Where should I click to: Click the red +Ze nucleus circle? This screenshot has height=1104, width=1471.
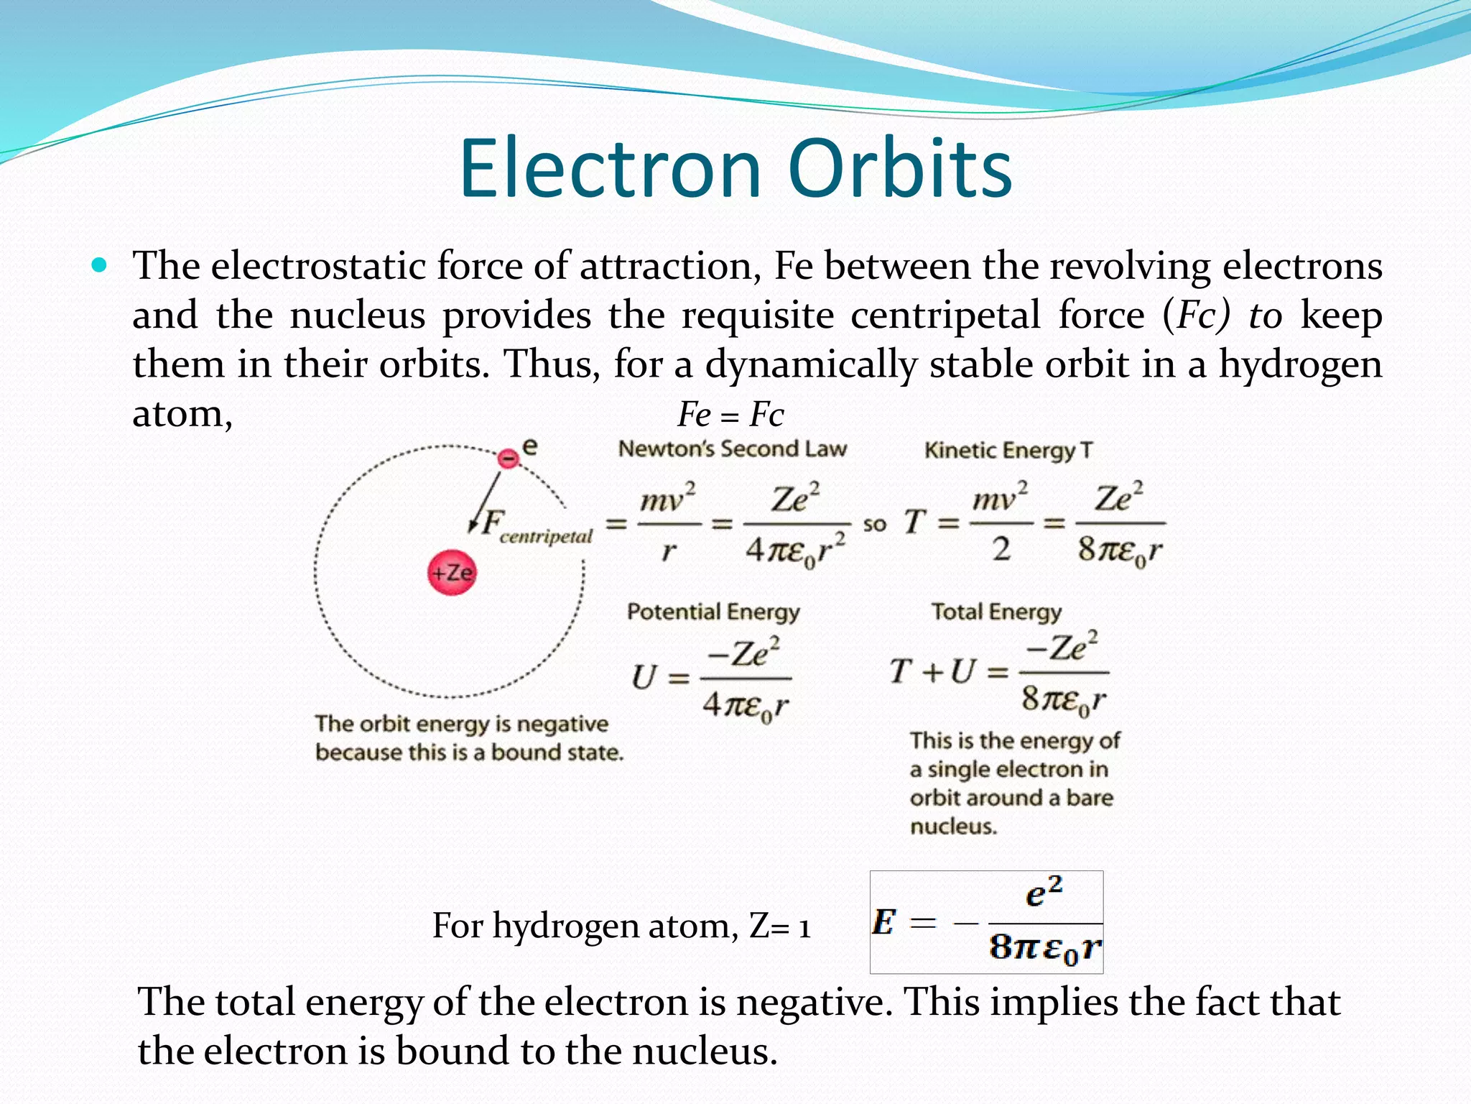click(x=452, y=573)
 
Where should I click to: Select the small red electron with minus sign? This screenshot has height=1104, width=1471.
click(x=509, y=458)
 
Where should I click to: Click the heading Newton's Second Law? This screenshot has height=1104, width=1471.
click(x=732, y=449)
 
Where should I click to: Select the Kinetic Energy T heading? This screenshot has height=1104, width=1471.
click(x=1008, y=451)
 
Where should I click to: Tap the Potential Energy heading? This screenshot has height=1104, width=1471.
click(x=713, y=612)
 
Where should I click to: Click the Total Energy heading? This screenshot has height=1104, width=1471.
click(x=996, y=612)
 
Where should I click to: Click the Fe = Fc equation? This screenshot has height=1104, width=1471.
click(x=730, y=415)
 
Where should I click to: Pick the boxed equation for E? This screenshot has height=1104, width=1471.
click(x=986, y=922)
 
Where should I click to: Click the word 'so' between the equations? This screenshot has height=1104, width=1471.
click(x=874, y=525)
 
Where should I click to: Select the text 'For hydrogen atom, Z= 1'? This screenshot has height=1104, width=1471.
click(x=621, y=926)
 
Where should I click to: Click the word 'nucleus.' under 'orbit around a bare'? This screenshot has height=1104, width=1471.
click(x=953, y=827)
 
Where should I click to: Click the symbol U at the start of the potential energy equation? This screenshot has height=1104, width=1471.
click(x=644, y=678)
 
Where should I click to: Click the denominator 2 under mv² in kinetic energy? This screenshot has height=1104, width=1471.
click(x=1001, y=550)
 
